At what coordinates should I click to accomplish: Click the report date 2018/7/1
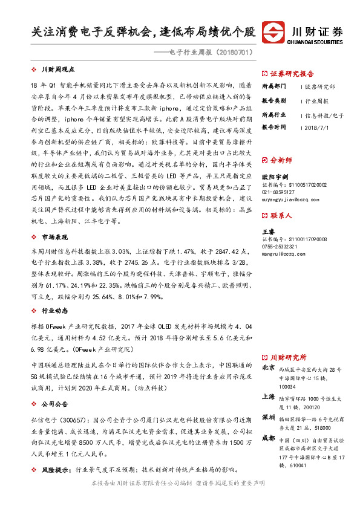point(317,128)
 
